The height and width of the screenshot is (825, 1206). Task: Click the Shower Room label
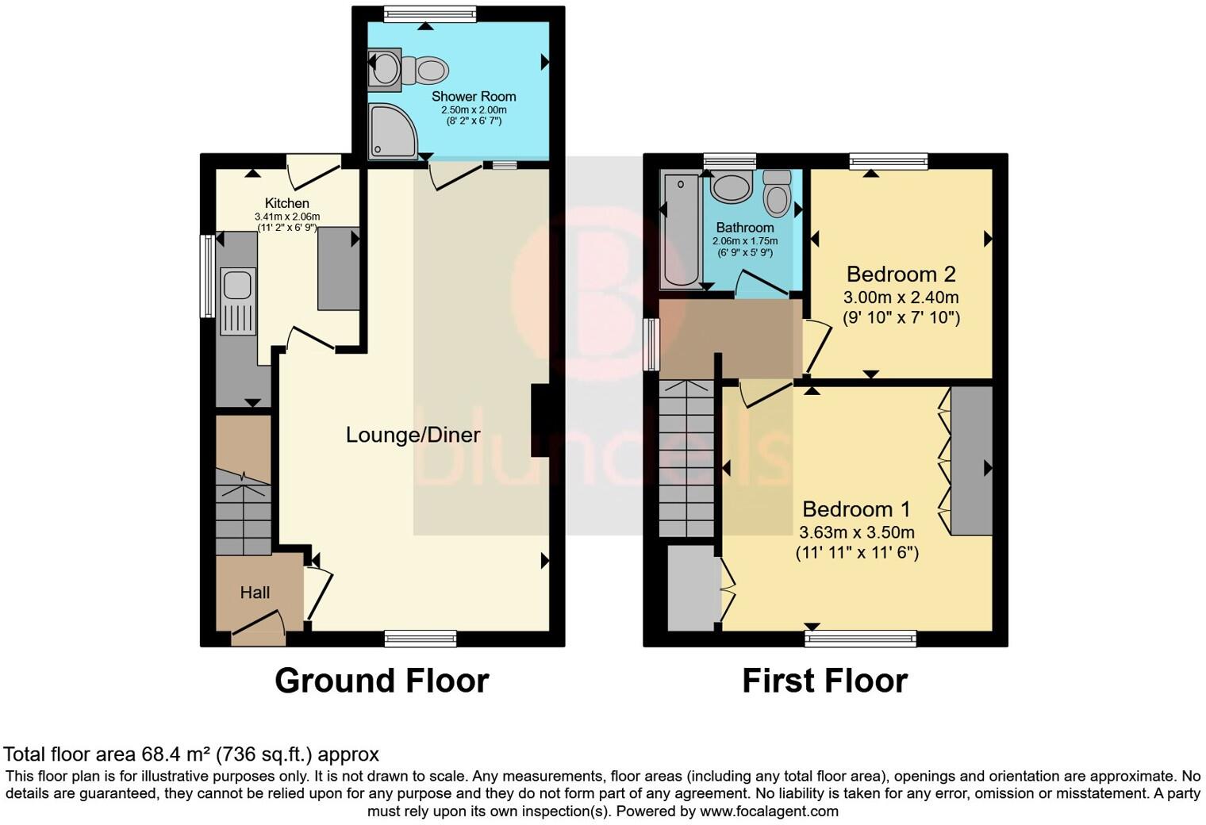click(474, 96)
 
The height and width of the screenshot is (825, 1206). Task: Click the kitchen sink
click(237, 284)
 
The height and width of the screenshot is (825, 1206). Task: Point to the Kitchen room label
click(286, 203)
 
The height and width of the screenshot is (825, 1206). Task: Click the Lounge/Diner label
click(413, 435)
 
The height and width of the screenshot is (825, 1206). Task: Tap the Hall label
click(255, 592)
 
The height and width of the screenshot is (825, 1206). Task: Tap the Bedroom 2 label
click(901, 274)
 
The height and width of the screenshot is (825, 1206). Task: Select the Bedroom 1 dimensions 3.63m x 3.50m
click(857, 532)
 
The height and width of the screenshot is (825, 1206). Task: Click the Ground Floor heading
click(382, 681)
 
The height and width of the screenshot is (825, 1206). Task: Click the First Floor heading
click(824, 681)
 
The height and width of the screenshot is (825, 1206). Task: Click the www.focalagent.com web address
click(769, 811)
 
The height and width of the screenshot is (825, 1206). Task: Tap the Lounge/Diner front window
click(421, 639)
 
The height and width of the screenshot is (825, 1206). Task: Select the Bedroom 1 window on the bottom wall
click(860, 639)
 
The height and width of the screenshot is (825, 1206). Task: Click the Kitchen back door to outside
click(313, 170)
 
